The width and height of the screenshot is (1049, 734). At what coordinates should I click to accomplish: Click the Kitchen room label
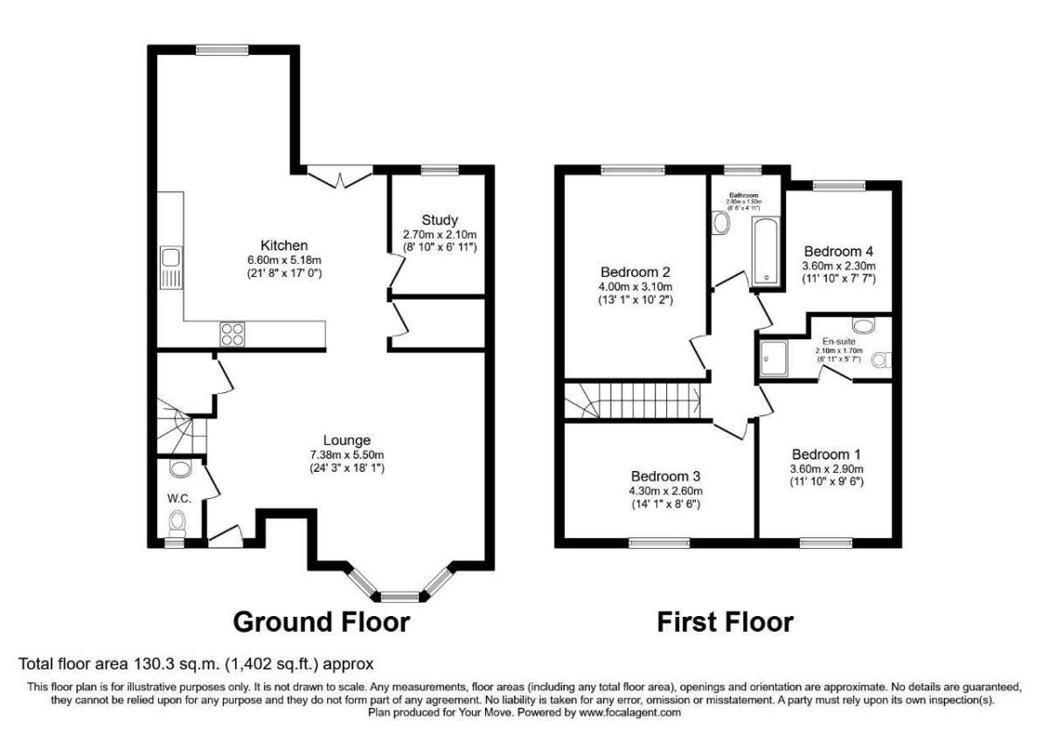click(283, 245)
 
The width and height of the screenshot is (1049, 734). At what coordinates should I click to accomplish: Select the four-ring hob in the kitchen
click(233, 332)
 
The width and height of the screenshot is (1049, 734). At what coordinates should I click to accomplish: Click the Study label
click(439, 220)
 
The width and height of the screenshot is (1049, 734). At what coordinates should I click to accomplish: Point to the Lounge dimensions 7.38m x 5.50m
click(347, 454)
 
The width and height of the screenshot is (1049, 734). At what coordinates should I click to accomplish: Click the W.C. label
click(180, 498)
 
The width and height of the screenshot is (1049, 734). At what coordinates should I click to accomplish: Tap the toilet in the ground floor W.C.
click(178, 524)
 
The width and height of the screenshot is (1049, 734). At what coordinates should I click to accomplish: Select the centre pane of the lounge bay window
click(400, 598)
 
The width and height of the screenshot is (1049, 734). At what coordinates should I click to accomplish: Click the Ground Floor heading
click(321, 622)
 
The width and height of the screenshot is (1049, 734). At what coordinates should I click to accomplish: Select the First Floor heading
click(725, 622)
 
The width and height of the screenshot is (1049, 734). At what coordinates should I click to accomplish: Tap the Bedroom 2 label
click(635, 270)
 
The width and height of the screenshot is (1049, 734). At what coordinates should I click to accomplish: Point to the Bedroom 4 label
click(839, 250)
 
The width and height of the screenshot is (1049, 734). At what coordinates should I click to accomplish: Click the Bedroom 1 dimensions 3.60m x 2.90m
click(826, 468)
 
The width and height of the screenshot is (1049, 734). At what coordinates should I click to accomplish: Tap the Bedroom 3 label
click(665, 476)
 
